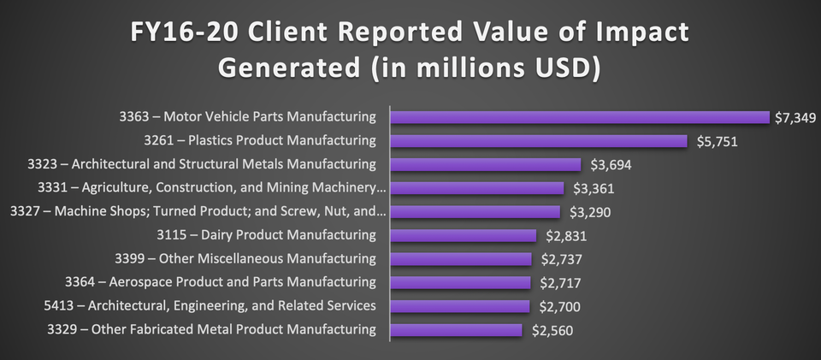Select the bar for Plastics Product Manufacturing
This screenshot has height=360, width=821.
pyautogui.click(x=539, y=141)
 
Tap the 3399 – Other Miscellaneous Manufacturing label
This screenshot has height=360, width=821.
pyautogui.click(x=245, y=258)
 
